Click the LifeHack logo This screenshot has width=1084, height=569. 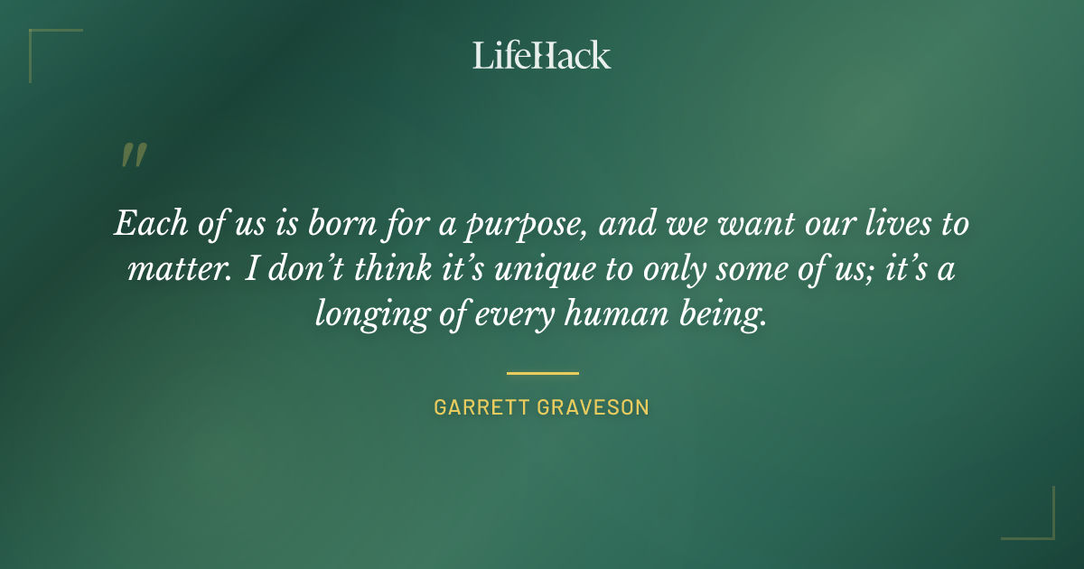click(541, 55)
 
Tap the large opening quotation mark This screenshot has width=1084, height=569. click(133, 155)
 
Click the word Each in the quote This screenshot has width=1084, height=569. click(145, 223)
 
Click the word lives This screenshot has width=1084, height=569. click(882, 223)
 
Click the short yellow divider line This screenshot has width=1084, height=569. click(542, 372)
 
